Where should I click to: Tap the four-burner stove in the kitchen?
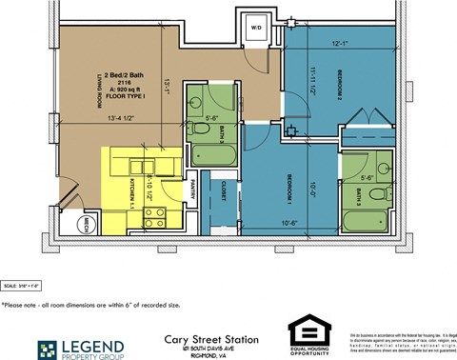coord(155,215)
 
